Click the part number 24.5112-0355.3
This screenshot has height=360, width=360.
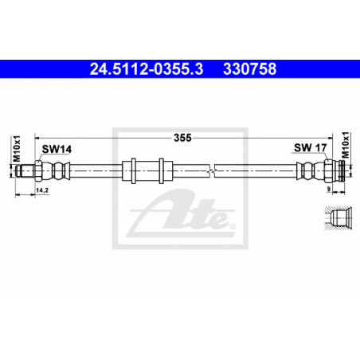[x=147, y=69]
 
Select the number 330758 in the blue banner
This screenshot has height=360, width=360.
[x=250, y=69]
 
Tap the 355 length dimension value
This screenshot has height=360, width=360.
[x=182, y=138]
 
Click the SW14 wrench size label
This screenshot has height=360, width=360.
[x=57, y=149]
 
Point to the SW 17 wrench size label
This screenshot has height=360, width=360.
[x=311, y=147]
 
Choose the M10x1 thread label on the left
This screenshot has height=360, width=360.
[x=17, y=148]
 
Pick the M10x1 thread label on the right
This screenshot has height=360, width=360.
[x=346, y=145]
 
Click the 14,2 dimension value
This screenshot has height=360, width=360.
[x=42, y=190]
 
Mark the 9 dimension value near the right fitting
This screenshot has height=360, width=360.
[x=329, y=189]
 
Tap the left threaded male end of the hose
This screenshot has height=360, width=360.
[x=25, y=170]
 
